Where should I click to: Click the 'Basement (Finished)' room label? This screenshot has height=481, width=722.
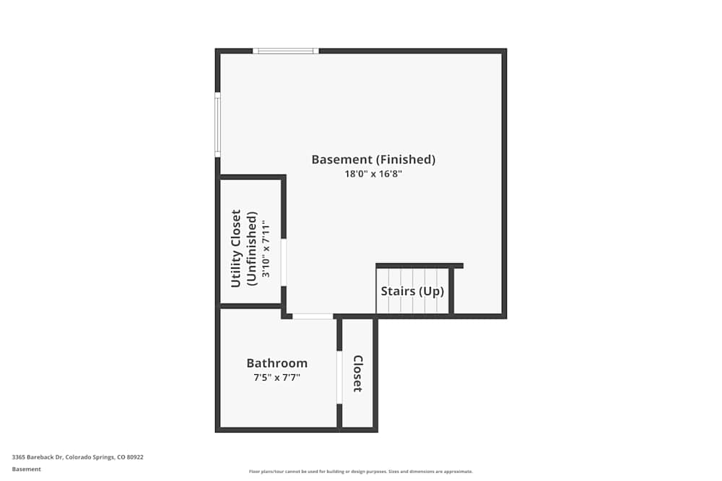click(x=373, y=159)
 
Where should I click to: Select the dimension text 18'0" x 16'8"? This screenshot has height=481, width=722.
click(x=373, y=174)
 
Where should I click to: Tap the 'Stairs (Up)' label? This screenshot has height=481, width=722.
click(x=412, y=291)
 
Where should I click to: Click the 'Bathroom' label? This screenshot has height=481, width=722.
click(x=277, y=363)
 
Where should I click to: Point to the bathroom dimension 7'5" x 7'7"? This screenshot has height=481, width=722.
click(x=277, y=377)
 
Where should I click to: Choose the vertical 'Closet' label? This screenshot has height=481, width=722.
click(x=357, y=373)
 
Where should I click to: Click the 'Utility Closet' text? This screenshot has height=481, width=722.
click(x=236, y=249)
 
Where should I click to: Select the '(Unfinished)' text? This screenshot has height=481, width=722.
click(x=251, y=249)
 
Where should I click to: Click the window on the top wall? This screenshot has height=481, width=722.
click(x=286, y=51)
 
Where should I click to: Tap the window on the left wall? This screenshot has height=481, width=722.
click(x=217, y=124)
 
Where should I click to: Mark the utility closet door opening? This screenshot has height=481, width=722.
click(x=284, y=262)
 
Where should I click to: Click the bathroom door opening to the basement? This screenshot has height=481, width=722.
click(x=313, y=316)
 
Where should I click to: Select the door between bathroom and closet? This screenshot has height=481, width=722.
click(x=339, y=377)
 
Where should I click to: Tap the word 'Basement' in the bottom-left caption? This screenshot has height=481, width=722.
click(x=27, y=469)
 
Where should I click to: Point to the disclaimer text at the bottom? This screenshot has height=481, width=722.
click(x=361, y=472)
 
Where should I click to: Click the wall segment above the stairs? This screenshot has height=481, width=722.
click(x=419, y=265)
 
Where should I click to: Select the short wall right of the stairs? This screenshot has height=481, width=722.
click(x=451, y=291)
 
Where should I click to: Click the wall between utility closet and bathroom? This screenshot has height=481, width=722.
click(x=251, y=306)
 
